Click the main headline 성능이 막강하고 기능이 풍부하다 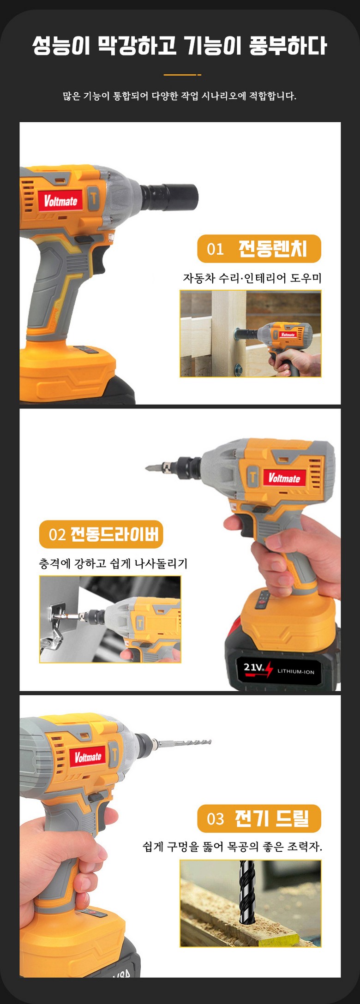coord(180,47)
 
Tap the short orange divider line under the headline coord(182,75)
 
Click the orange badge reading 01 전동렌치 coord(259,249)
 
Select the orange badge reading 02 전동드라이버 coord(101,534)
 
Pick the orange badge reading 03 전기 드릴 coord(259,819)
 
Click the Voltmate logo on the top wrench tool coord(60,201)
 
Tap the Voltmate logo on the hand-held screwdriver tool coord(285,478)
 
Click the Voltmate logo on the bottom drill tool coord(88,757)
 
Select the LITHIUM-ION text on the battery coord(296,671)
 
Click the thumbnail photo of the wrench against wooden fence coord(251,334)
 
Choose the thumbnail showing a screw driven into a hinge coord(110,619)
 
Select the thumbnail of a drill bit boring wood coord(251,903)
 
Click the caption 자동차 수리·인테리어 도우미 coord(252,278)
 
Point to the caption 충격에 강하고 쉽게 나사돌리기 coord(114,563)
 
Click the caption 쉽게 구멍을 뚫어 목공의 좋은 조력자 coord(233,847)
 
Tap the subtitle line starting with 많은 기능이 coord(180,96)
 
